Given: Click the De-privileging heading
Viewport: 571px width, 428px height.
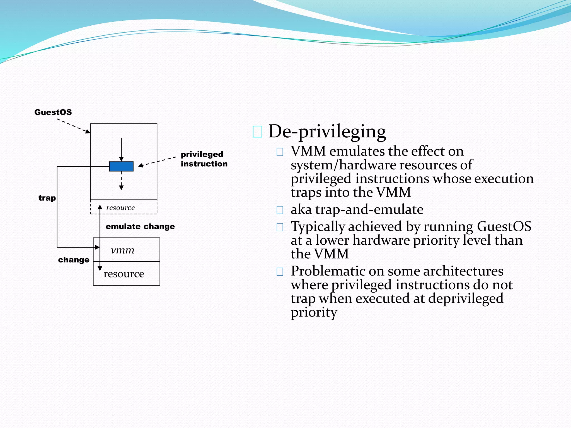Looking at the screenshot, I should (327, 132).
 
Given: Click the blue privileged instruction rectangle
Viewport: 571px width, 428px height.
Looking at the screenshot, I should (121, 166).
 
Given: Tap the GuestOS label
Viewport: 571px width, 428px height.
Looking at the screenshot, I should (53, 112).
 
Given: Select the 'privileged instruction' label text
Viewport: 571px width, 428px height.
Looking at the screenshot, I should (204, 159).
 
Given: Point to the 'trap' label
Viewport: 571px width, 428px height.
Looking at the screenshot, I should (47, 198).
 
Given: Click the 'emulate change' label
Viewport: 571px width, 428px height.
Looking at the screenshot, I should (140, 226).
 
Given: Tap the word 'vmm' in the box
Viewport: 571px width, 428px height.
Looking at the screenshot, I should (122, 250).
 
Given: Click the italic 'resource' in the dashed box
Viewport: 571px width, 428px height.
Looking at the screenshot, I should (120, 208).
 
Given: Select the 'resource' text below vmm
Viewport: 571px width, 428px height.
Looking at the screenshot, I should (124, 274).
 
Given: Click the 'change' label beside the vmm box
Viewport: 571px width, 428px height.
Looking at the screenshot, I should (74, 260).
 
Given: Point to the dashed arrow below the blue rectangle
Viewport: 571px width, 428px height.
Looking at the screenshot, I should (121, 181).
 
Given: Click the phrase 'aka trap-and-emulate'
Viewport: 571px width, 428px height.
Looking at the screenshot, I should (357, 209).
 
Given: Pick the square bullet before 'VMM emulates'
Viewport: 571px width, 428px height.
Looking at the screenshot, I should (280, 152).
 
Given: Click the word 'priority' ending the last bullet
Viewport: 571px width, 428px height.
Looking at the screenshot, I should (314, 312).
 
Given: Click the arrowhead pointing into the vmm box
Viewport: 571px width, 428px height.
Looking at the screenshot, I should (97, 247).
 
